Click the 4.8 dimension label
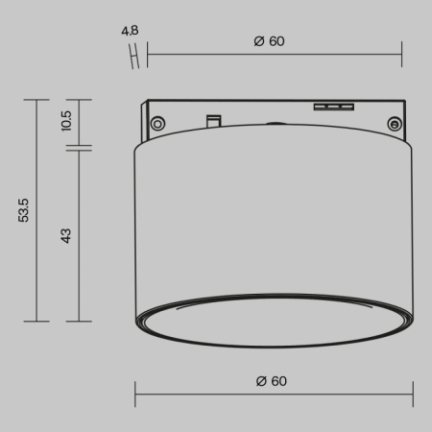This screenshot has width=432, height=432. [130, 32]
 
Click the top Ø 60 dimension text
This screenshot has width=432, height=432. [271, 41]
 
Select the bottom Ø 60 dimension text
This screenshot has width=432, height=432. [272, 381]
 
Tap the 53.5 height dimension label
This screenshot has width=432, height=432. [24, 209]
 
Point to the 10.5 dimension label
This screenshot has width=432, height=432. [66, 121]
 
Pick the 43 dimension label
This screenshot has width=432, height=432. [66, 234]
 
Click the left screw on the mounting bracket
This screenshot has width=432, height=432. [157, 122]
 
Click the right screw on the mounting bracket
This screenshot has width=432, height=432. [393, 122]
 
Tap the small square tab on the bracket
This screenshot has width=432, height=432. [213, 120]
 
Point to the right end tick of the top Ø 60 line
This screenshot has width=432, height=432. [401, 55]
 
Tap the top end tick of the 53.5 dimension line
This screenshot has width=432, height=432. [36, 99]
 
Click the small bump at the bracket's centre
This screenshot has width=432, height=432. [275, 123]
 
